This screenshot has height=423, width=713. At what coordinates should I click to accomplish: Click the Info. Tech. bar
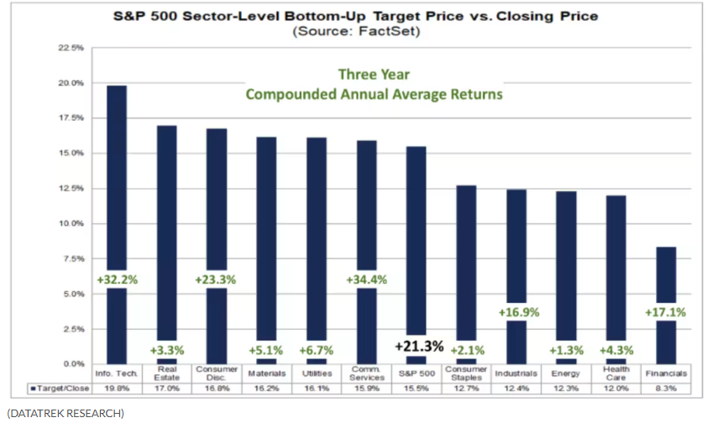coord(117,168)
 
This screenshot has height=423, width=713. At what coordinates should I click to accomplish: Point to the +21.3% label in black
coord(417,347)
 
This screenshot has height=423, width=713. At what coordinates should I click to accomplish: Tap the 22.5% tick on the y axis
coord(71,48)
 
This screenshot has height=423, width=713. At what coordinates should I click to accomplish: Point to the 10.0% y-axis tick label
coord(71,224)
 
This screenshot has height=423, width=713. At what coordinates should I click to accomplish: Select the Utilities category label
coord(317,373)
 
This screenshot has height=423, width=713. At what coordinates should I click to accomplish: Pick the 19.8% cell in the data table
coord(117,389)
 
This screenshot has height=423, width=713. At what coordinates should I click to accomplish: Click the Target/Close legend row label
coord(58,389)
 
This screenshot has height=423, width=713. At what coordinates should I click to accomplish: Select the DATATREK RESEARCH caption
coord(65,412)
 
